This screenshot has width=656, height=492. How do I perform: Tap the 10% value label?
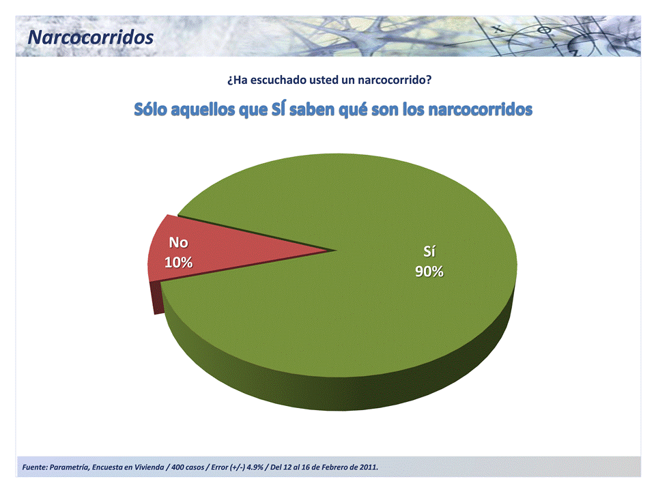coord(179,262)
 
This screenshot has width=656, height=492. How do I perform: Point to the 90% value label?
coord(429,272)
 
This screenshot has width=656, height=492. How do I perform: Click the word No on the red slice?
coord(179,242)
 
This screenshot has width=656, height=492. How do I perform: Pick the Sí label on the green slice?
coord(429,251)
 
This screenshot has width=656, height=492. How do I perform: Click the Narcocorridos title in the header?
coord(91,38)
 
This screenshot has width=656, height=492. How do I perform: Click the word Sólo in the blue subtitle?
coord(151,110)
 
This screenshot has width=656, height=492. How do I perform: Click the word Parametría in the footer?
coord(69,467)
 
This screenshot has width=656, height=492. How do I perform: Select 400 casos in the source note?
coord(188,467)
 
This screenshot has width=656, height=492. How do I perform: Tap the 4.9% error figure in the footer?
coord(255,467)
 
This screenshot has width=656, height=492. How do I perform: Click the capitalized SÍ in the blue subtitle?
coord(279,110)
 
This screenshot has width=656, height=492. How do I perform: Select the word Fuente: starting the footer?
coord(35,467)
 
